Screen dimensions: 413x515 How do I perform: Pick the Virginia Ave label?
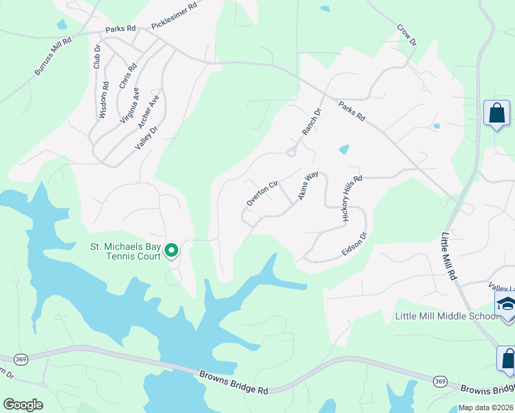point(130,105)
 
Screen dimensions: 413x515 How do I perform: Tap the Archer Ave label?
point(149,110)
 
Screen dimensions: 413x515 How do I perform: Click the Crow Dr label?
point(407,36)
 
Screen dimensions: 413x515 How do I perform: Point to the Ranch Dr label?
point(312,122)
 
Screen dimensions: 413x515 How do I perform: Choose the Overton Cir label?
point(262,193)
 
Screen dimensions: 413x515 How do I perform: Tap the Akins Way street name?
point(308,187)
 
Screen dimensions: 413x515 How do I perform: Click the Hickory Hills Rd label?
point(352,198)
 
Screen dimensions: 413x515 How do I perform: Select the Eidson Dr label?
point(355,244)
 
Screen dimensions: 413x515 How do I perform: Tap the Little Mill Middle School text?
point(445,317)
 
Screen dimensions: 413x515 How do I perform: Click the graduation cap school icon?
point(506,304)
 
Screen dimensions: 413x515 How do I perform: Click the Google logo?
point(23,405)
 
